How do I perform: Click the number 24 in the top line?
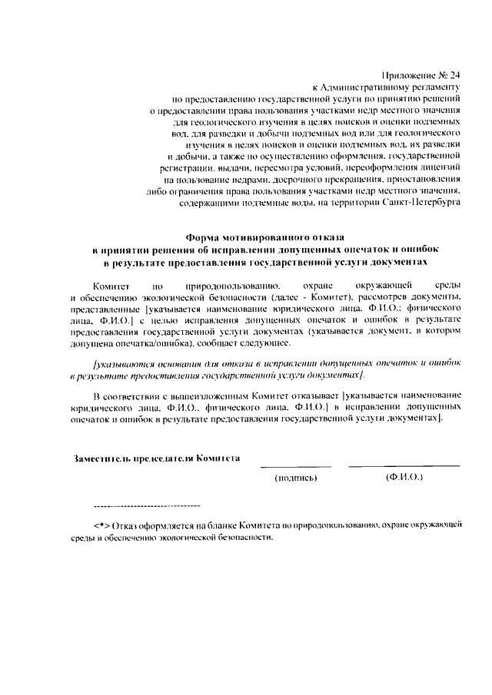[452, 74]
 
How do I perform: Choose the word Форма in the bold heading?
[208, 238]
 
